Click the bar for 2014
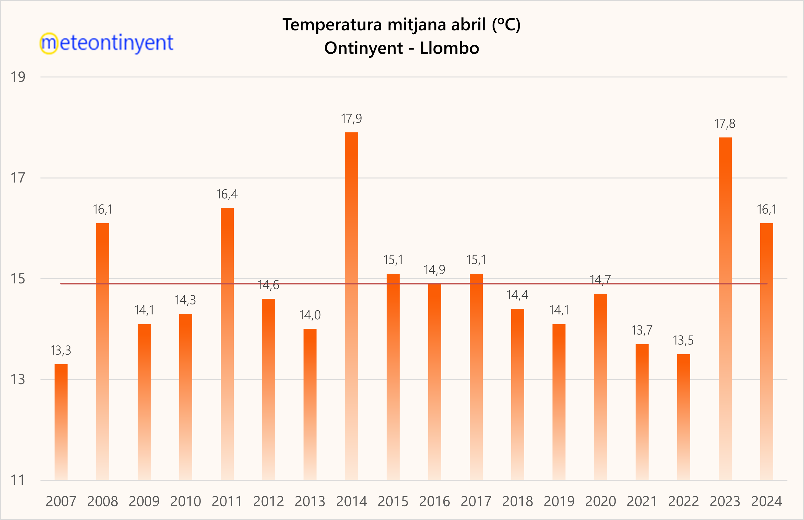point(351,306)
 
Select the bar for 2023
point(725,308)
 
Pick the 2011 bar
point(227,343)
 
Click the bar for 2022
point(683,417)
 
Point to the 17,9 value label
point(351,119)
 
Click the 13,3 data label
point(61,351)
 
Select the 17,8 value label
point(725,124)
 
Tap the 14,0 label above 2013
point(310,315)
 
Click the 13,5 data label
point(683,341)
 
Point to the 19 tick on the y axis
point(18,77)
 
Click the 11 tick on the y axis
point(18,480)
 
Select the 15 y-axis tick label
point(18,279)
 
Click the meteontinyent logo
point(107,43)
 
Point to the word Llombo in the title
point(449,48)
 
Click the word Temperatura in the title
point(332,25)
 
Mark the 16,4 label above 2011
point(227,195)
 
